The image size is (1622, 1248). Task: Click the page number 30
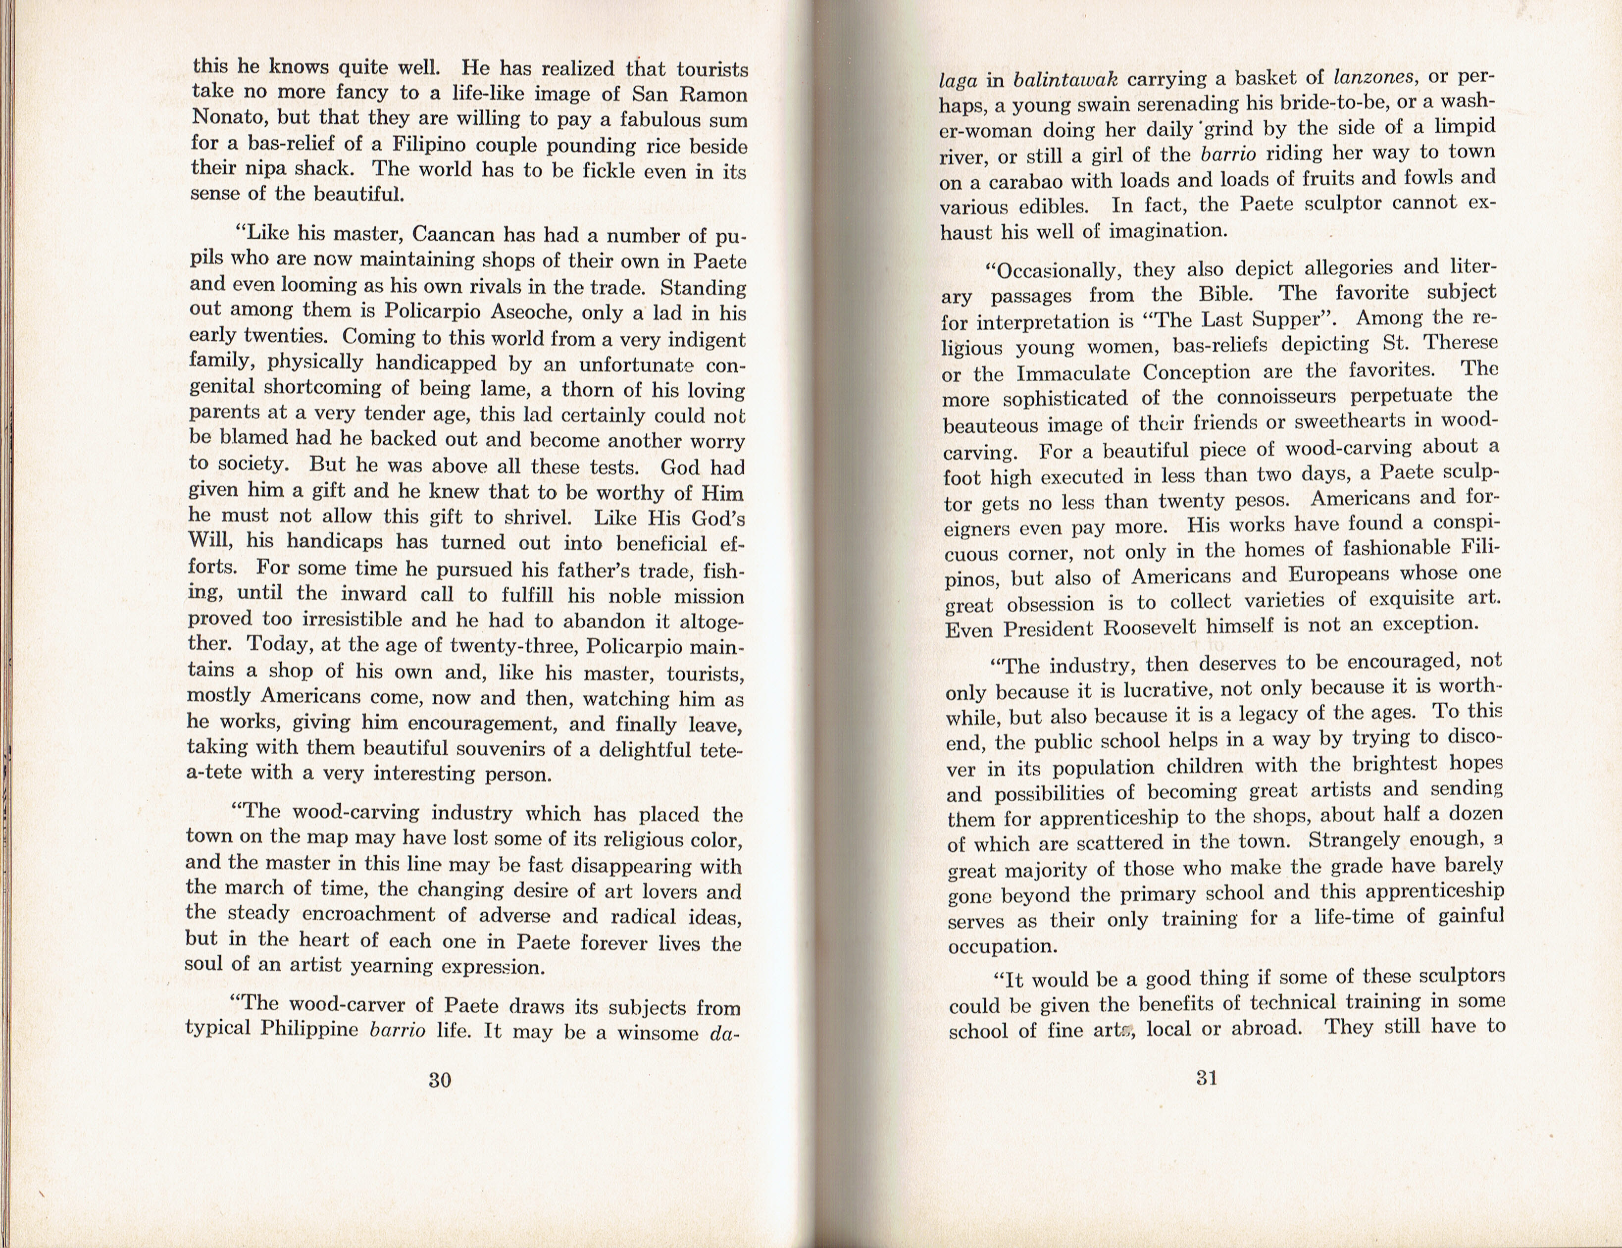440,1080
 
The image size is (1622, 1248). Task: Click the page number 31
1207,1077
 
